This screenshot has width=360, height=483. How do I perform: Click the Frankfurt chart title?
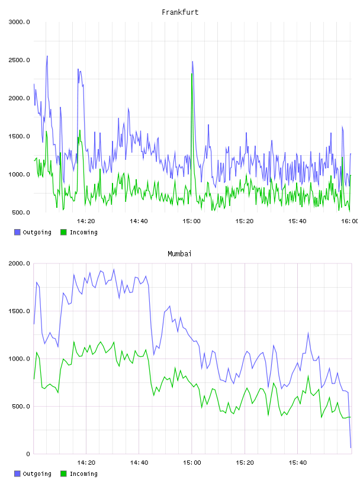[180, 12]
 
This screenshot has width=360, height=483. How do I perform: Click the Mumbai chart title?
[179, 254]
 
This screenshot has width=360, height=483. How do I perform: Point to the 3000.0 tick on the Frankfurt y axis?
[19, 22]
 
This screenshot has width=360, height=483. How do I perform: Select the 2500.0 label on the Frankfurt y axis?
[19, 60]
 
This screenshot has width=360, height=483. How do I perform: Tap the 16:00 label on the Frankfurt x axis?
[349, 221]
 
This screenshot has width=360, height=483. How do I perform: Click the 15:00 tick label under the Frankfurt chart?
[191, 221]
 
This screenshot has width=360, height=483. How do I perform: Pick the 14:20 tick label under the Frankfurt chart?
[86, 221]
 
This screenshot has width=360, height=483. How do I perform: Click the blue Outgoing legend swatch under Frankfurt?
[17, 232]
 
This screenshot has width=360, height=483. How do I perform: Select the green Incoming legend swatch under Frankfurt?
[63, 232]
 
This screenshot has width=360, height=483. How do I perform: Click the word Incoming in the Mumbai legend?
[83, 474]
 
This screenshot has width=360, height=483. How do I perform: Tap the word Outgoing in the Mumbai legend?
[37, 474]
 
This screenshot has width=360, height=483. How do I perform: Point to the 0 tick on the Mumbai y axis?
[28, 454]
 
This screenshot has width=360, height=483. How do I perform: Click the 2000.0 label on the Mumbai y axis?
[19, 263]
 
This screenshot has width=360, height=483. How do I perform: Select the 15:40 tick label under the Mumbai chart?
[297, 463]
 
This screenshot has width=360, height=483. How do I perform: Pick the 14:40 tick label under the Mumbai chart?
[139, 463]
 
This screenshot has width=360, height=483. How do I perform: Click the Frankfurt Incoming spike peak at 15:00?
[192, 73]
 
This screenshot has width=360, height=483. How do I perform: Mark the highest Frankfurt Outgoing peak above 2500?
[47, 56]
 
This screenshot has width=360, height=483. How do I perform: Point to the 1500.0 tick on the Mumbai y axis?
[19, 311]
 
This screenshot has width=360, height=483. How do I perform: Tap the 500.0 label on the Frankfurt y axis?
[21, 212]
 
